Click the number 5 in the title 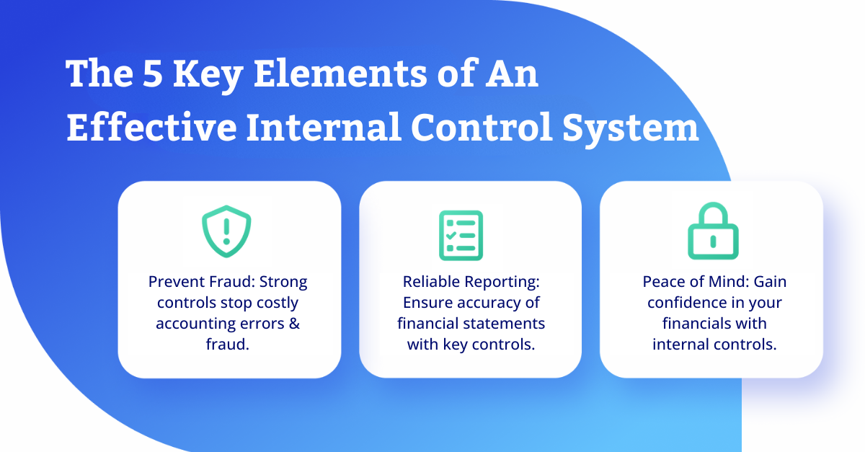[x=152, y=73]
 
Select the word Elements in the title [x=340, y=73]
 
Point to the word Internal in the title [x=324, y=127]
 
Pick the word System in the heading [x=630, y=130]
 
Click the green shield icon [x=226, y=231]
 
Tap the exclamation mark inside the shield [x=226, y=231]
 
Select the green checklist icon [x=461, y=235]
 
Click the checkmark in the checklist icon [x=451, y=235]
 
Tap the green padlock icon [x=713, y=231]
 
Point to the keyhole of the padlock [x=713, y=241]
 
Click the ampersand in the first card [x=294, y=324]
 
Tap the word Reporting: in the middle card [x=502, y=283]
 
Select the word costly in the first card [x=278, y=303]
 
